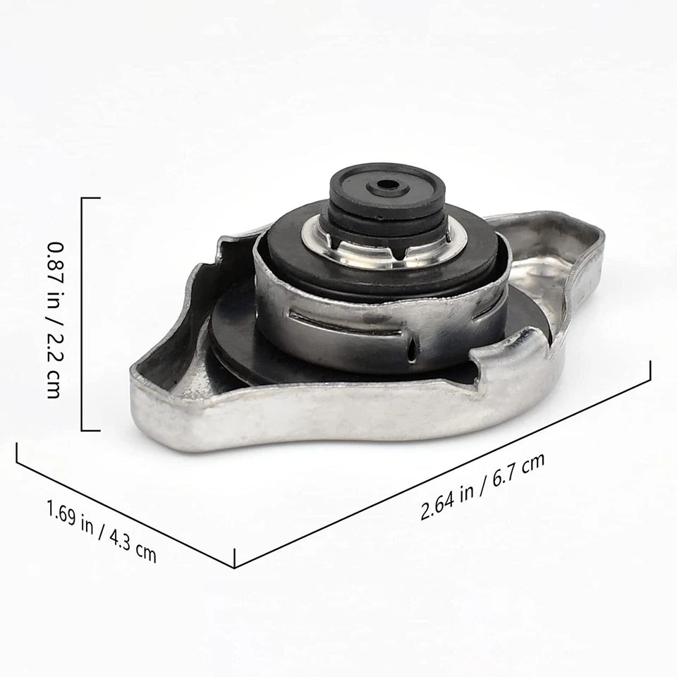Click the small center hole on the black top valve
pyautogui.click(x=387, y=185)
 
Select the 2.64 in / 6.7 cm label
pyautogui.click(x=482, y=487)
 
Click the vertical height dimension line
pyautogui.click(x=83, y=314)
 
